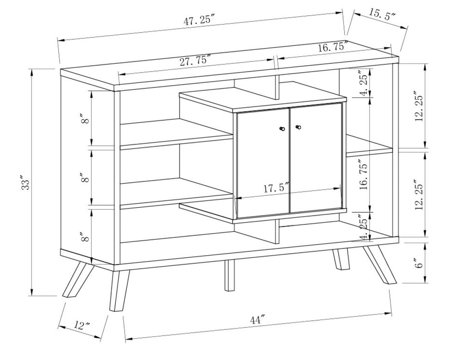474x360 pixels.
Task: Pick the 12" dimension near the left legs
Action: [81, 325]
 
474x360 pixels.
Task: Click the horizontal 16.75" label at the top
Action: [333, 47]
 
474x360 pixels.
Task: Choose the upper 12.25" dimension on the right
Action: [419, 107]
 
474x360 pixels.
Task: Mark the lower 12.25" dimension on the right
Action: [419, 195]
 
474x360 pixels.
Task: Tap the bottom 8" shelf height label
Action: [84, 238]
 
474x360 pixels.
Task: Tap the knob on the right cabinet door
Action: [298, 126]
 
